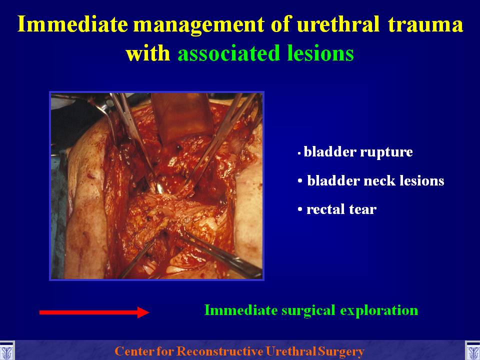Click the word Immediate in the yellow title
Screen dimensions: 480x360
point(72,24)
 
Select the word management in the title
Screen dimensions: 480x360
point(198,25)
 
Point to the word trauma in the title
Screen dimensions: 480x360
point(425,24)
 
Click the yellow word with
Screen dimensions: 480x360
point(148,53)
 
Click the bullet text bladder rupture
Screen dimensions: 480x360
point(358,152)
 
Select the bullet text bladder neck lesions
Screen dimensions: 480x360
point(375,180)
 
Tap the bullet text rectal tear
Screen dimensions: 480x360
point(341,209)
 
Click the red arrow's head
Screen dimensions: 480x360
point(143,312)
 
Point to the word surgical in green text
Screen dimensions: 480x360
point(308,310)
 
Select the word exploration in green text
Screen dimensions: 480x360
point(379,310)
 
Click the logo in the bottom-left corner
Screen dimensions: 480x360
point(6,350)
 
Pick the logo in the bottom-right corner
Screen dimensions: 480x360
point(472,350)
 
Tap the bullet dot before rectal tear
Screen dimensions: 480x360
point(300,209)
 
